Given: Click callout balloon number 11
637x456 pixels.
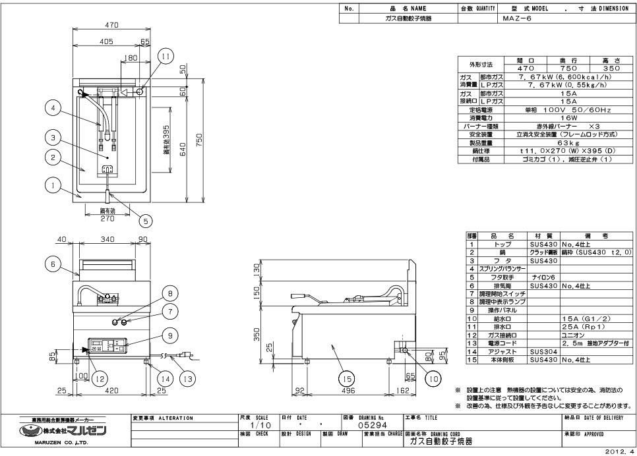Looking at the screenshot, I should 166,57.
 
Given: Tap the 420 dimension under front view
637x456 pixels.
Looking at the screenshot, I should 113,391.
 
